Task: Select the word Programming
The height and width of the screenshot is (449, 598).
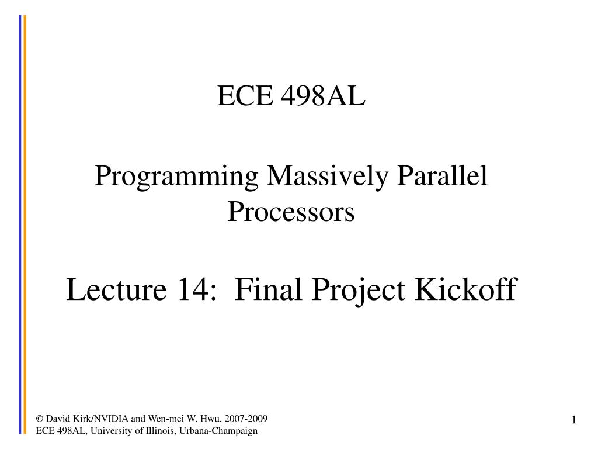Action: click(176, 177)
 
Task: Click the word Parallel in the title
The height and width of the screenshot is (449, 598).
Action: click(442, 176)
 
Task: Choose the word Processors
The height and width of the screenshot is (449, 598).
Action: click(291, 211)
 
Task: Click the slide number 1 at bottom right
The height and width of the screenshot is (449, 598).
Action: click(573, 420)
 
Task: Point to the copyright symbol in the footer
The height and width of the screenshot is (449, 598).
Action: click(40, 419)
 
